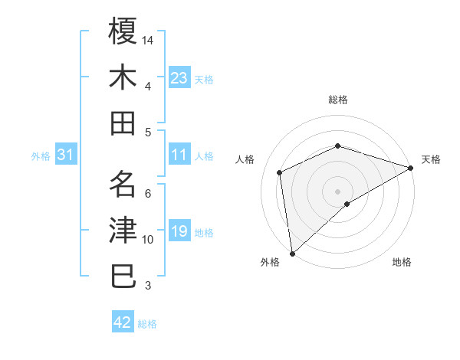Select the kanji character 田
[x=123, y=123]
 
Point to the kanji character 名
[x=123, y=183]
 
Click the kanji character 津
[x=123, y=230]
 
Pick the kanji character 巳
[x=123, y=277]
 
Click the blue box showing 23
[x=179, y=77]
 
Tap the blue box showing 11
[x=179, y=155]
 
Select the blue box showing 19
[x=179, y=232]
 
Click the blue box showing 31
[x=66, y=155]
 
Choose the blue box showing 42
[x=123, y=322]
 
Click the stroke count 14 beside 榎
[x=149, y=39]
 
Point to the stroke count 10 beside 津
[x=149, y=240]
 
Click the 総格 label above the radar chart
[x=338, y=100]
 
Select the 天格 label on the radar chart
[x=431, y=159]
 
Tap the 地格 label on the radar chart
[x=402, y=262]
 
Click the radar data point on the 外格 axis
[x=292, y=253]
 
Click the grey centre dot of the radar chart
[x=338, y=191]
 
